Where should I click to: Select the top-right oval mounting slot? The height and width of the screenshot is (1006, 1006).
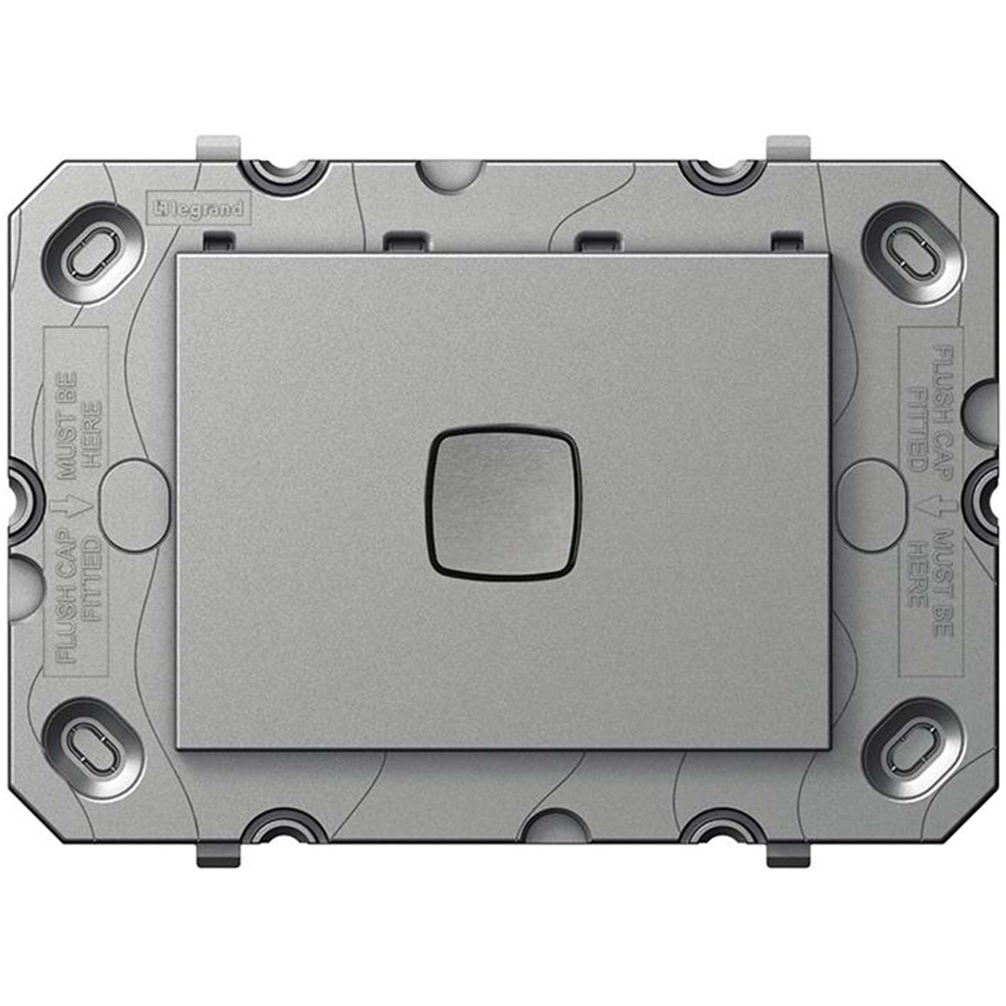coord(913,253)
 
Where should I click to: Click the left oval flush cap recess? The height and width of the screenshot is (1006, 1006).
coord(135,506)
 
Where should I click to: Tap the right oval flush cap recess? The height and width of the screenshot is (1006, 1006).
coord(871,506)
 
